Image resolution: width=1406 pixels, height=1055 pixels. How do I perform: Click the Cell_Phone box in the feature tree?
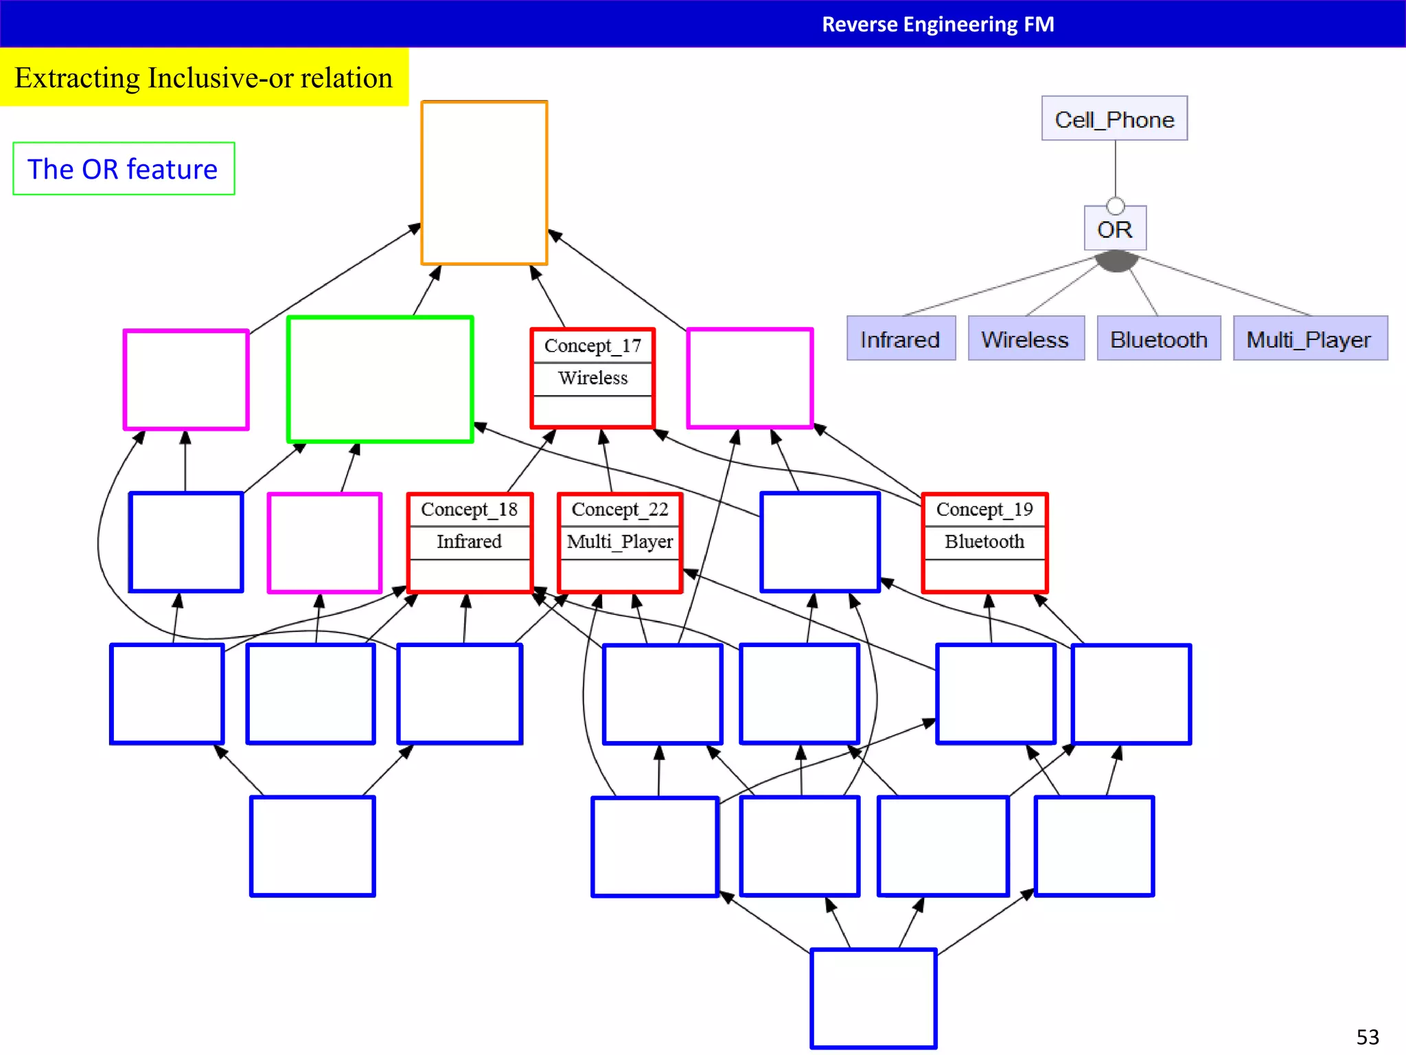[x=1114, y=119]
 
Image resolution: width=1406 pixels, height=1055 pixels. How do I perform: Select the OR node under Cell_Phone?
[x=1115, y=229]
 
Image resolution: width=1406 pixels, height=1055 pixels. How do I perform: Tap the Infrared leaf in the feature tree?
[x=900, y=339]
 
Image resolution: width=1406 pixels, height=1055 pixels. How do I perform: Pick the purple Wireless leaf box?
[x=1025, y=339]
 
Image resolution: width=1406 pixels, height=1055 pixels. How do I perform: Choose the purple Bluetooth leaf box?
[x=1158, y=339]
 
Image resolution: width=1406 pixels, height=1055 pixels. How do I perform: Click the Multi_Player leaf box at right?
[x=1309, y=339]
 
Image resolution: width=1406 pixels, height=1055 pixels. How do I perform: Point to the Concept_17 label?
[x=592, y=345]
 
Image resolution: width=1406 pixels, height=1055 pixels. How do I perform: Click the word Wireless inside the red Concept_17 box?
[x=592, y=378]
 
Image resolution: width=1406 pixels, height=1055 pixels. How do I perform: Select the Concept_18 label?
[x=469, y=510]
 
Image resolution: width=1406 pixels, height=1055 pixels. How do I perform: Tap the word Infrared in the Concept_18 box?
[x=469, y=542]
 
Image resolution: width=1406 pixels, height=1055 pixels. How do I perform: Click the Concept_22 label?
[x=620, y=510]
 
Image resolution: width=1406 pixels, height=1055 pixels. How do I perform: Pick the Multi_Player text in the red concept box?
[x=620, y=542]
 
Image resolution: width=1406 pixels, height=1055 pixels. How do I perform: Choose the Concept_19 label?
[x=984, y=510]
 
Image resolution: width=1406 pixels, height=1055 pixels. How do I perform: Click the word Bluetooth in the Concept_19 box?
[x=984, y=542]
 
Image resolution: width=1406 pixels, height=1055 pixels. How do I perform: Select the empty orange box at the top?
[x=484, y=183]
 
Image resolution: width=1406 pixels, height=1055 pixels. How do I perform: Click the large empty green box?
[x=380, y=379]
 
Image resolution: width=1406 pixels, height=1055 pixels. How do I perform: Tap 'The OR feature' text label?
[x=123, y=169]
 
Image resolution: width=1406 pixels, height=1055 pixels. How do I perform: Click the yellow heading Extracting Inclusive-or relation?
[x=204, y=78]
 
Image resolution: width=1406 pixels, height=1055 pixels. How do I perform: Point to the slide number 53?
[x=1367, y=1036]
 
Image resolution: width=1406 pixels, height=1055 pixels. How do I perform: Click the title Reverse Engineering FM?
[x=938, y=24]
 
